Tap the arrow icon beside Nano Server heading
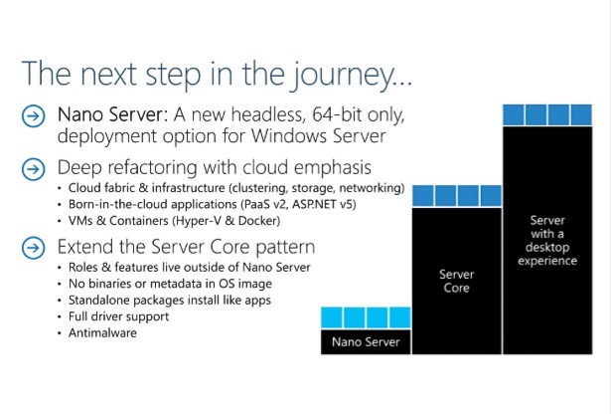pos(33,116)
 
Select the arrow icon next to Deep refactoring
pos(33,169)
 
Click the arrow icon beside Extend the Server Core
pos(33,248)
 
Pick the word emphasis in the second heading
pos(333,168)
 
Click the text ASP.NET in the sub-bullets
pos(314,204)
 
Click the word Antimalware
pos(102,333)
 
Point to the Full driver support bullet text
pos(119,316)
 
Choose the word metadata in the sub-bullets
pos(181,284)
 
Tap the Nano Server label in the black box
pos(366,342)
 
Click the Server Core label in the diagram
pos(457,282)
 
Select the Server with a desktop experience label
pos(547,241)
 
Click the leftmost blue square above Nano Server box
pos(332,317)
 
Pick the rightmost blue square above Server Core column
pos(491,196)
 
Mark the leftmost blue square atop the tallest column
pos(514,114)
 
